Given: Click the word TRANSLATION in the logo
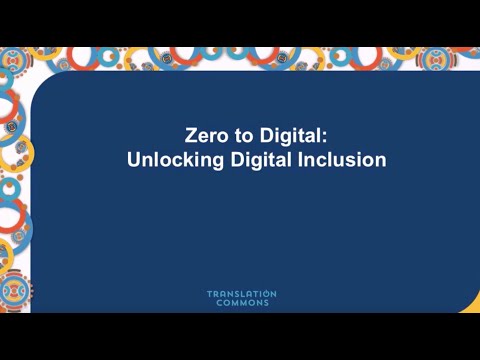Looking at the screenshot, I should tap(241, 294).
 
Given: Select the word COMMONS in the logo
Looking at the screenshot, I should tap(241, 303).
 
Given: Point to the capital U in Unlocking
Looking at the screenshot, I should tap(134, 159).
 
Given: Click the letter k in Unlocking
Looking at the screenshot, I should tap(185, 159).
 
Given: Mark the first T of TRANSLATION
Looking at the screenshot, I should tap(209, 294).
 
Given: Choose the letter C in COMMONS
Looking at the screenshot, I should tap(219, 303).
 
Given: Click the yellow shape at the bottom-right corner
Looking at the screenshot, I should tap(469, 307).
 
